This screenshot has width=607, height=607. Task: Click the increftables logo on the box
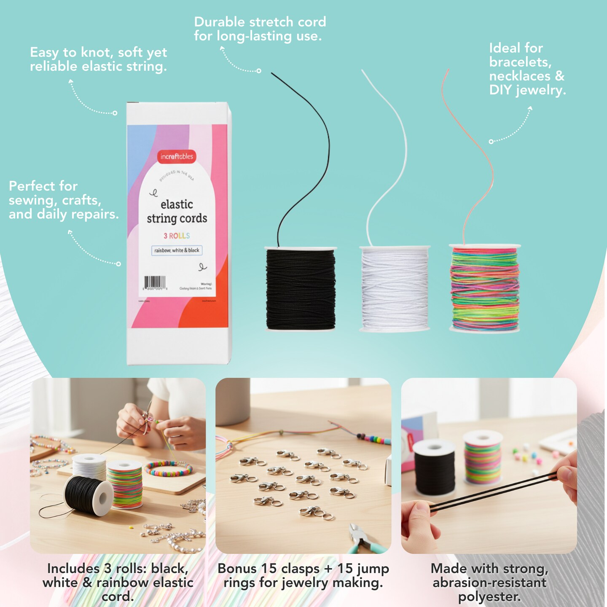[x=177, y=156]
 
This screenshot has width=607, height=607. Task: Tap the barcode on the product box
[x=155, y=282]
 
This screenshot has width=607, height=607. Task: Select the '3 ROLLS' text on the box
[x=177, y=236]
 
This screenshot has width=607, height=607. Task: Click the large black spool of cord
[x=301, y=289]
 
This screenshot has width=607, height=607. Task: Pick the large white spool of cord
[x=395, y=289]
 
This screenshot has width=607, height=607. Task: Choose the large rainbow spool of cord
[x=485, y=289]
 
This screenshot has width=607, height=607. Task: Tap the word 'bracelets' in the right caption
[x=520, y=62]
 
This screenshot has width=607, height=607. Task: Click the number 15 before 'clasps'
[x=269, y=569]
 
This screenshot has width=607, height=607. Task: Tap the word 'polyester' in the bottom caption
[x=489, y=597]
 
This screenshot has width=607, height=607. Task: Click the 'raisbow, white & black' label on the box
[x=177, y=250]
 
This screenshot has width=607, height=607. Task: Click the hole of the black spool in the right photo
[x=434, y=446]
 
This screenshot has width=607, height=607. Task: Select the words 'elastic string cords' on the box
[x=177, y=211]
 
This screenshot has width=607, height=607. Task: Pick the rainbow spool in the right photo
[x=483, y=459]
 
